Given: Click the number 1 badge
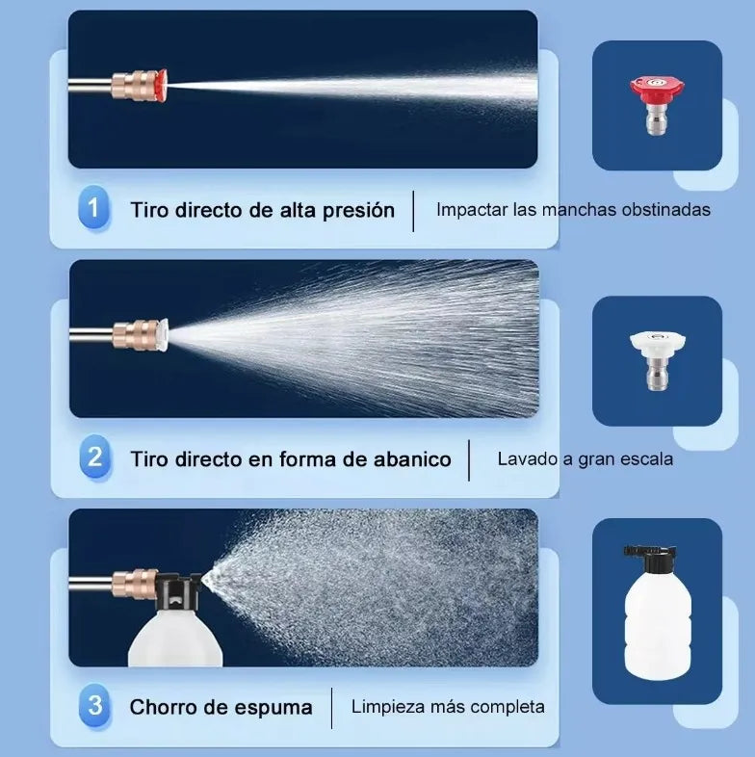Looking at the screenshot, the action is click(93, 208).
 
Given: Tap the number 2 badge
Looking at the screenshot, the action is click(95, 457).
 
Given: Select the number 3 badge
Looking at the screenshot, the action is click(94, 706).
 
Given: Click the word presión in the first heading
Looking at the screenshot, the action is click(358, 211).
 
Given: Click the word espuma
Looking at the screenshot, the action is click(273, 709).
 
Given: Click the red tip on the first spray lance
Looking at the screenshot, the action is click(161, 85).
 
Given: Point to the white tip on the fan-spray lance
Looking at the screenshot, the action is click(162, 334).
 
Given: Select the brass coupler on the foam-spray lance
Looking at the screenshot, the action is click(134, 584).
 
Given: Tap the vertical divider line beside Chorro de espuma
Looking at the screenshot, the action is click(331, 708).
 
